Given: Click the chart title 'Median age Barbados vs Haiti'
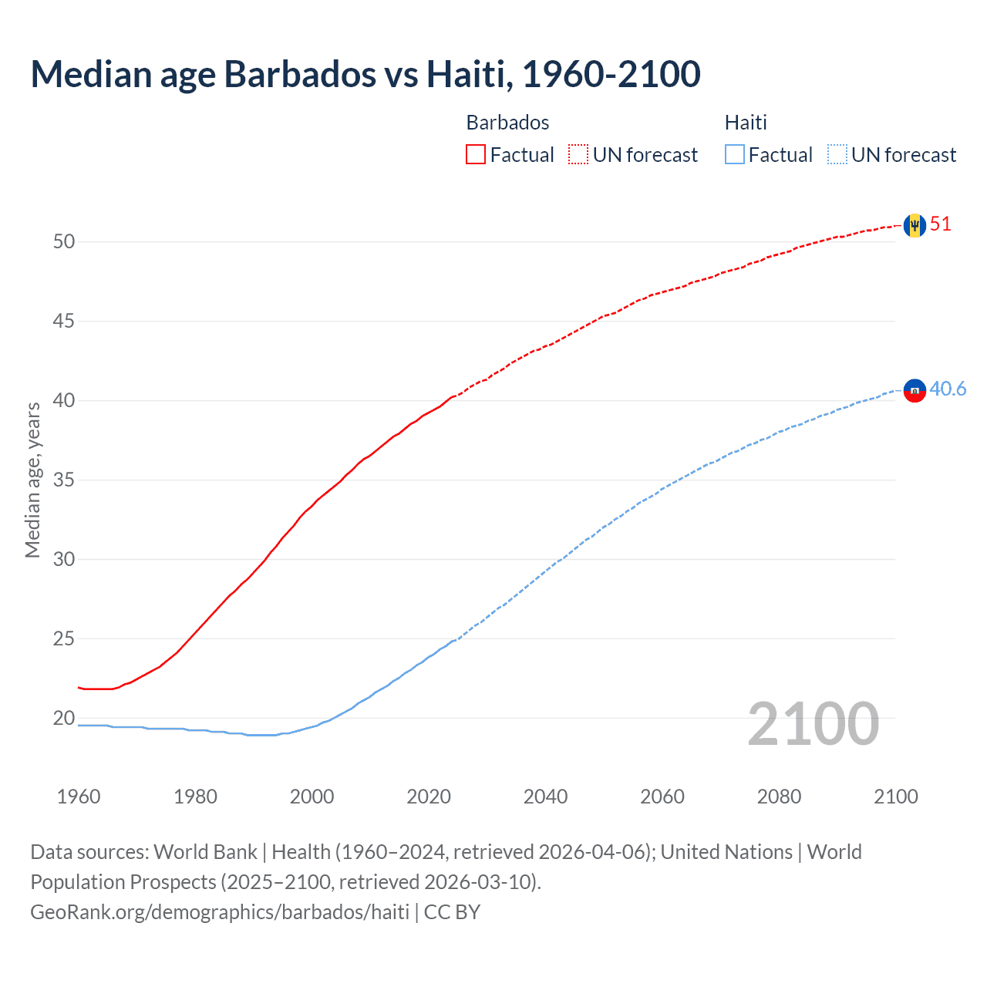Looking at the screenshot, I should coord(365,74).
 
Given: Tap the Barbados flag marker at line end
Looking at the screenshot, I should coord(915,225).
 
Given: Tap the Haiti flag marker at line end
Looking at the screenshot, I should coord(915,391).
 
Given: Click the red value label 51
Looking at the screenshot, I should coord(941,224).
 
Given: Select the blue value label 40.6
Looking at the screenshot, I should coord(948,389).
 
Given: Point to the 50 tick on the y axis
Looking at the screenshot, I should coord(64,242).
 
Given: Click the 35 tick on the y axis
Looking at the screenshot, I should coord(64,480).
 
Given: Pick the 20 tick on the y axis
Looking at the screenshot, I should coord(64,719).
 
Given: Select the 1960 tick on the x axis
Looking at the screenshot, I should coord(79,797).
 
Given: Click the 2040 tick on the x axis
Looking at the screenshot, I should coord(545,797).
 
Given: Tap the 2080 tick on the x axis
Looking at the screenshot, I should coord(779,797).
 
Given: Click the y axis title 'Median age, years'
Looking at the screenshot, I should coord(32,480).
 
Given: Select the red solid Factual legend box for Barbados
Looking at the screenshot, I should coord(476,155).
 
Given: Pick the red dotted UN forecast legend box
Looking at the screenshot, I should coord(578,155).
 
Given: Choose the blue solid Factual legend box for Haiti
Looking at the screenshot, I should coord(735,155).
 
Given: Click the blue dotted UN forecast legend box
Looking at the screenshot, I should coord(837,155).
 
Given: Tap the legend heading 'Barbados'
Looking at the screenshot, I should coord(507,123).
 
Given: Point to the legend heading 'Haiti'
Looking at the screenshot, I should coord(746,123).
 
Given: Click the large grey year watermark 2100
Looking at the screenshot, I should coord(813,723).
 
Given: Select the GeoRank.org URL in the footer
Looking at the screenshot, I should coord(220,912).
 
